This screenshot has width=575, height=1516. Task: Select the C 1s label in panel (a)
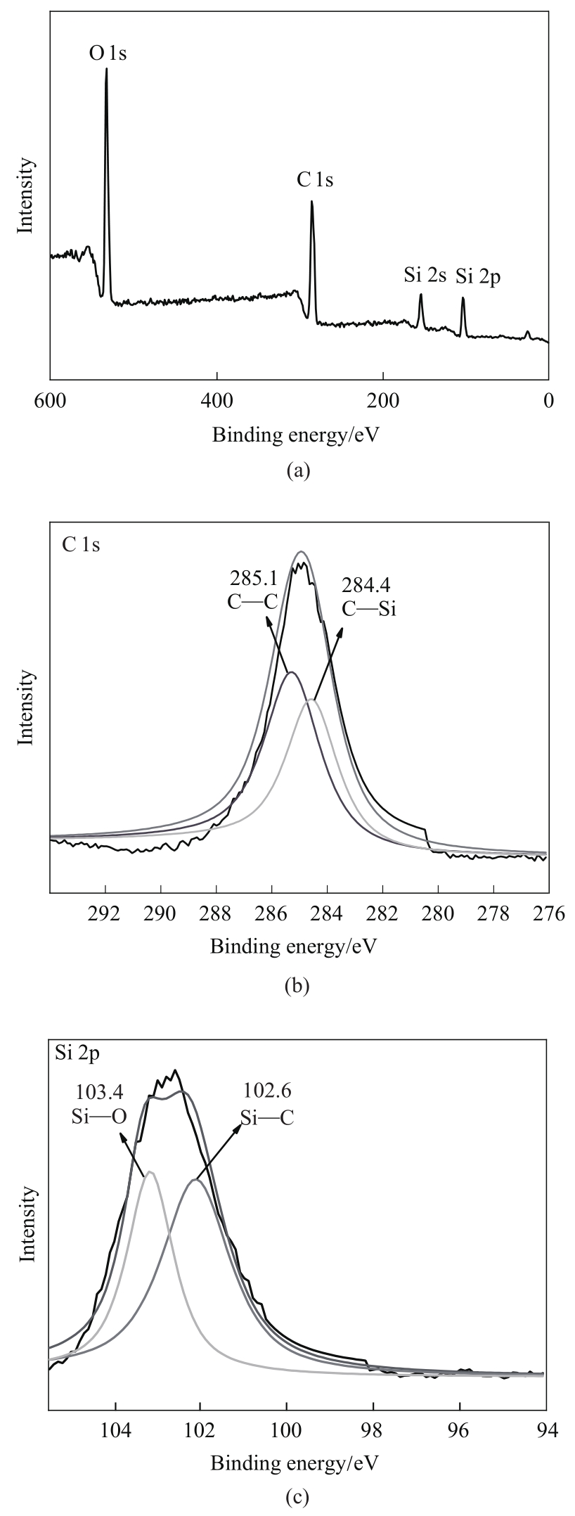[x=315, y=181]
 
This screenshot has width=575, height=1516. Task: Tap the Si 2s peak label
[x=425, y=275]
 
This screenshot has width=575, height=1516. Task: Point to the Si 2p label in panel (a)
[x=478, y=276]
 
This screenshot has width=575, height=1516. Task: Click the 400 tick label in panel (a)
[x=217, y=401]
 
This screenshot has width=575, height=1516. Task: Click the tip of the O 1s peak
[x=106, y=69]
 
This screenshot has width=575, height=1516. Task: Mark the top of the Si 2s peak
[x=420, y=295]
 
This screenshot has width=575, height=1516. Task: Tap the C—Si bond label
[x=370, y=609]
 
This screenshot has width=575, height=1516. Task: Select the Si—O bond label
[x=98, y=1117]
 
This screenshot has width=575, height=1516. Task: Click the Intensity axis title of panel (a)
[x=27, y=195]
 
